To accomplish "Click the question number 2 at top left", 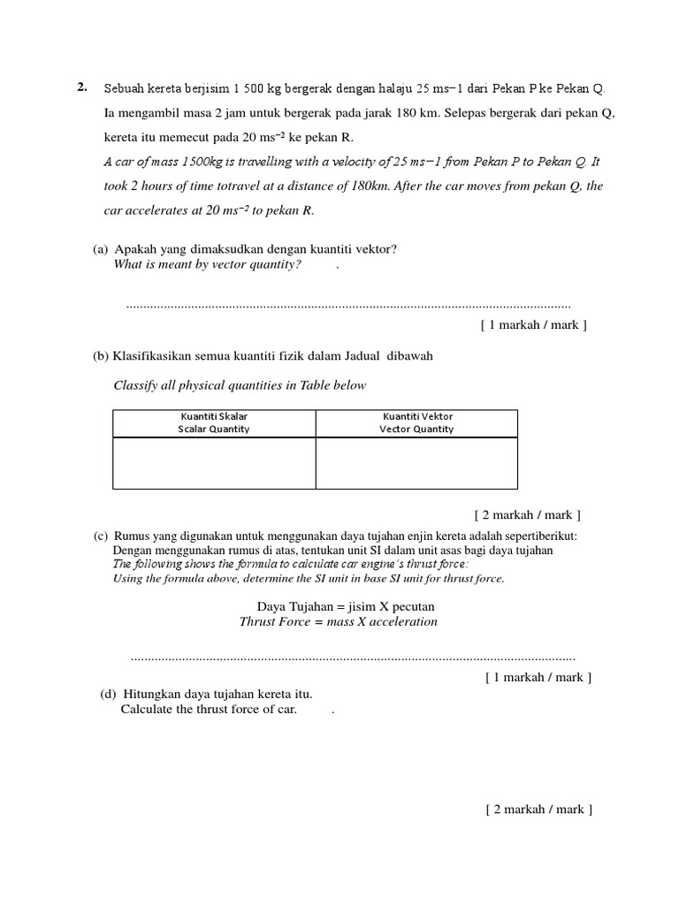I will point(81,87).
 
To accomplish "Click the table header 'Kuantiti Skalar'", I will point(214,416).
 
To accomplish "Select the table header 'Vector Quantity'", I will point(416,430).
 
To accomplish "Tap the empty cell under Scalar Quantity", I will point(214,463).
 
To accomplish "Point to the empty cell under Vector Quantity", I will point(416,463).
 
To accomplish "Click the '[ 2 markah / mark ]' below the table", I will point(528,514).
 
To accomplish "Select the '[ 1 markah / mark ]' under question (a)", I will point(534,324).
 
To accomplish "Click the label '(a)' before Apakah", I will point(101,249).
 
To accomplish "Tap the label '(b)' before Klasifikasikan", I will point(101,355).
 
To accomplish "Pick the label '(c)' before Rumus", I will point(102,536).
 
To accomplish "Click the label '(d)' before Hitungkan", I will point(109,694).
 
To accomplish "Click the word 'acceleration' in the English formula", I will point(403,621).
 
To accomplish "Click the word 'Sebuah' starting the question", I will point(122,88).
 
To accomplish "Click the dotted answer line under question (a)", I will point(348,306).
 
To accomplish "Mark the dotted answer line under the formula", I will point(352,658).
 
